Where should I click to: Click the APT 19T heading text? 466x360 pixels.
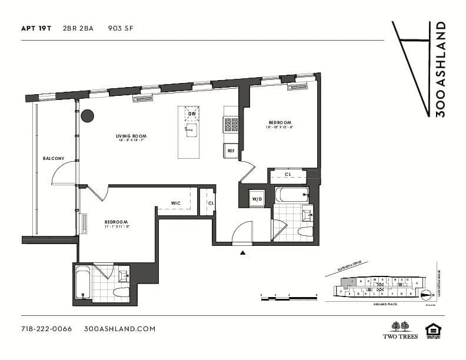[x=36, y=28]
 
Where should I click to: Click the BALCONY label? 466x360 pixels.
[x=53, y=158]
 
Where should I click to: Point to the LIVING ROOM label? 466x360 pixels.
[x=131, y=136]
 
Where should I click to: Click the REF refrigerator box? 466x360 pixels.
[x=231, y=151]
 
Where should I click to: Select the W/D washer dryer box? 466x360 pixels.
[x=257, y=199]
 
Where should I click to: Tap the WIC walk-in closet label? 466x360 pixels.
[x=175, y=203]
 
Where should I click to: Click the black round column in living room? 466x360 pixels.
[x=88, y=116]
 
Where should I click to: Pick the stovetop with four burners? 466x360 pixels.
[x=231, y=125]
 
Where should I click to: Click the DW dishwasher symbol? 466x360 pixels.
[x=192, y=113]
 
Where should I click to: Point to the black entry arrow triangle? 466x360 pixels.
[x=242, y=253]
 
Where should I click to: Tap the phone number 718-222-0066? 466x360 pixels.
[x=46, y=329]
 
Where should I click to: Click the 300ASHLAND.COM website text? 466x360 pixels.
[x=120, y=329]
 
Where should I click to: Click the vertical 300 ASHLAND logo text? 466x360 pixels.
[x=440, y=69]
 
